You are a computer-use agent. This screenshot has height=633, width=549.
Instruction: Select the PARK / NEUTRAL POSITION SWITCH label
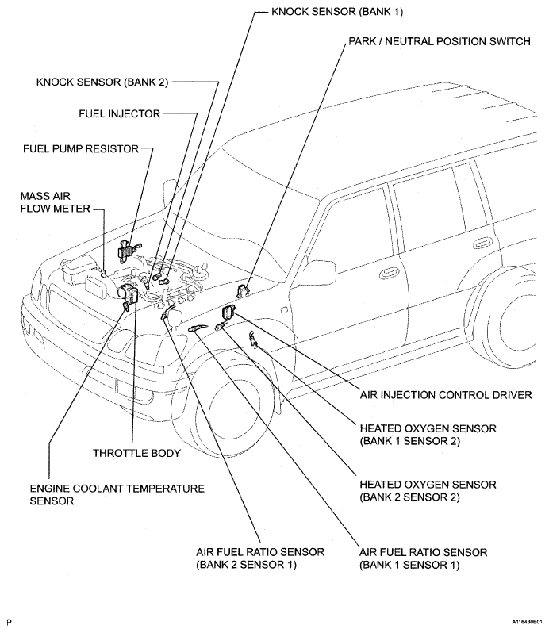point(438,41)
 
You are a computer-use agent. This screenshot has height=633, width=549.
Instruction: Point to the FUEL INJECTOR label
point(119,114)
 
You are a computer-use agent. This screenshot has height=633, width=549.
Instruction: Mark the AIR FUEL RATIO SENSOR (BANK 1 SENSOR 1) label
point(423,558)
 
